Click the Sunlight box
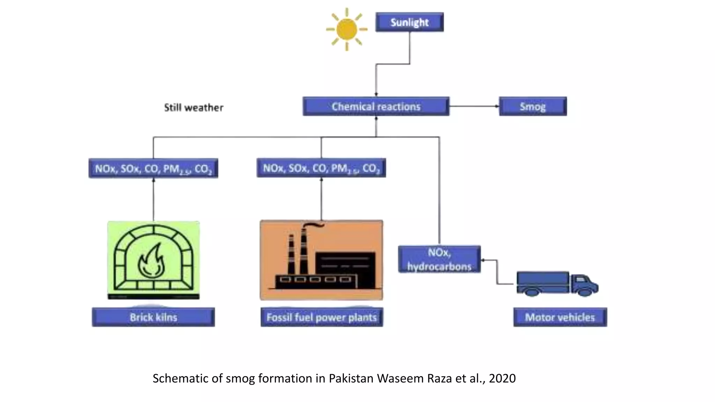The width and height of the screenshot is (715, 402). [x=410, y=22]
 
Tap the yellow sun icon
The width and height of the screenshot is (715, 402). [x=347, y=29]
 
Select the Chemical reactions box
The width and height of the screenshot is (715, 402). [x=376, y=106]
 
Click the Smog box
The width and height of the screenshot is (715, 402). [x=533, y=106]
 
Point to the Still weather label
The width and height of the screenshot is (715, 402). [x=194, y=107]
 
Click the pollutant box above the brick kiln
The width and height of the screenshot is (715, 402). [x=153, y=169]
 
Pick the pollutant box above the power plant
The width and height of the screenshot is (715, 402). [x=321, y=168]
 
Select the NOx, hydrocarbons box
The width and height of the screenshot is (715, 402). [x=439, y=259]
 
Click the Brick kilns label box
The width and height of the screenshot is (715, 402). [x=153, y=317]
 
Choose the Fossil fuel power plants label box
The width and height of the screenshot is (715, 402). [x=322, y=317]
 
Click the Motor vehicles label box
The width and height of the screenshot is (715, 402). [x=560, y=317]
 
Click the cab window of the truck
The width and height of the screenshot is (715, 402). [x=580, y=279]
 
